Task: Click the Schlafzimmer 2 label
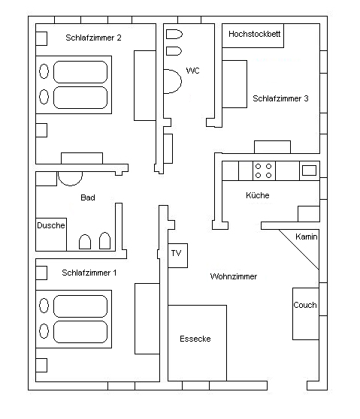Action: point(93,38)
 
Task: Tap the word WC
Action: point(192,71)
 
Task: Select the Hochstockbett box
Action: point(253,35)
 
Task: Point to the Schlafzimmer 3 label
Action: point(280,98)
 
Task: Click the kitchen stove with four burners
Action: point(264,170)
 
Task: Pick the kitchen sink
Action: point(309,170)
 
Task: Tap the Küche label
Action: point(258,195)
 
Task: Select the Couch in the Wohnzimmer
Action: point(306,314)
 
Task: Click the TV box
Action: point(177,255)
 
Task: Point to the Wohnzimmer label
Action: point(234,276)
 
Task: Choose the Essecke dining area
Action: point(197,343)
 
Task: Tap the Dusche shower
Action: point(51,234)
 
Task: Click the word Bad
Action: point(88,197)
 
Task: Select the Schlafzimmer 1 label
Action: point(89,273)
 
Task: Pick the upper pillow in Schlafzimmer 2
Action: point(44,71)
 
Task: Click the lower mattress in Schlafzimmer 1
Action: point(80,332)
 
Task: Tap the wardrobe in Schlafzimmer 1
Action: point(147,319)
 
